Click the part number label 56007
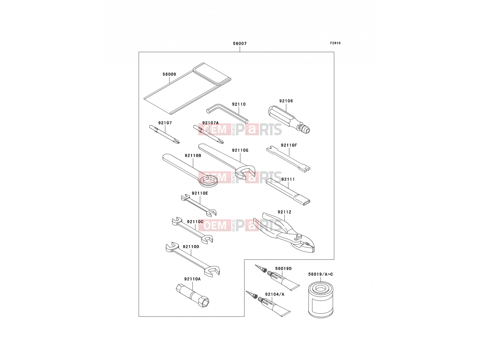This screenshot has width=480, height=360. click(240, 43)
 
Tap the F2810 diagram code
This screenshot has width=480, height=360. click(335, 43)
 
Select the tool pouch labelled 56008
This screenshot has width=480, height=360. click(187, 88)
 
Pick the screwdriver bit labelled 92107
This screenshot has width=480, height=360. click(164, 134)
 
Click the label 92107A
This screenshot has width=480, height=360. click(210, 123)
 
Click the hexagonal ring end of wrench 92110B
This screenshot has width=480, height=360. click(209, 181)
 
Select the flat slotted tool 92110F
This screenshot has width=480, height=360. click(288, 159)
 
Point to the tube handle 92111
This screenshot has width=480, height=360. click(288, 192)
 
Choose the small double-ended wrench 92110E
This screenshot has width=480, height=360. click(199, 205)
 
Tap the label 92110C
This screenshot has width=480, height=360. click(195, 221)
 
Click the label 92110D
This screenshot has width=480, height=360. click(191, 247)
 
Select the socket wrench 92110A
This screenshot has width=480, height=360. click(192, 296)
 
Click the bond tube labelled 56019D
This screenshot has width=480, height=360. click(277, 277)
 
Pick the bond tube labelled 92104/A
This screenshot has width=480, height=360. click(268, 304)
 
